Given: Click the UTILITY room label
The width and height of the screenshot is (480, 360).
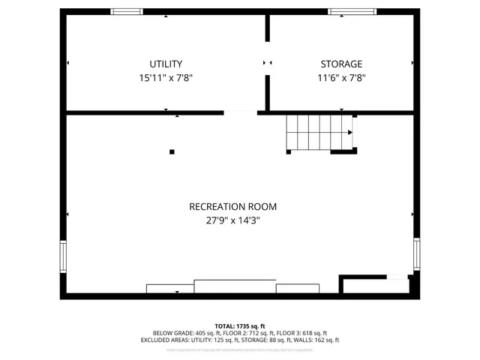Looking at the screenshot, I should pyautogui.click(x=166, y=64).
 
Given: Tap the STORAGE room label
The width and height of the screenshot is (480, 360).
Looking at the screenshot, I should pyautogui.click(x=341, y=64).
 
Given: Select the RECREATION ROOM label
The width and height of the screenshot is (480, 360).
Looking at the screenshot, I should pyautogui.click(x=227, y=206).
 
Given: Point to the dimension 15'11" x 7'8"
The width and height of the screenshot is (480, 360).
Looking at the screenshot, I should pyautogui.click(x=166, y=78).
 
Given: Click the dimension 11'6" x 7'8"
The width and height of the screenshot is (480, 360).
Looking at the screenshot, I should pyautogui.click(x=341, y=78).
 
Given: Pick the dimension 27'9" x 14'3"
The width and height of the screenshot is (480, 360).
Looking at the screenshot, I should pyautogui.click(x=227, y=220).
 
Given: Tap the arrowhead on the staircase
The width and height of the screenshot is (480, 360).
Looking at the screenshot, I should pyautogui.click(x=349, y=133).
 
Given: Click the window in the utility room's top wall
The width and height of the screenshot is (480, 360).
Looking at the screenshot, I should pyautogui.click(x=126, y=11).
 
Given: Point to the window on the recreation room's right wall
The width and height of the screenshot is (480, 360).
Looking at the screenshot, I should pyautogui.click(x=417, y=255).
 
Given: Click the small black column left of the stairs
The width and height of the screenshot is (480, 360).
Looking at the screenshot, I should pyautogui.click(x=172, y=152).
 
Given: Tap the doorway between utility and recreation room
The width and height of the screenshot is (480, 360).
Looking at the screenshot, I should pyautogui.click(x=240, y=113).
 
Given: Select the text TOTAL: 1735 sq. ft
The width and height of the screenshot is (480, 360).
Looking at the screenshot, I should pyautogui.click(x=240, y=326).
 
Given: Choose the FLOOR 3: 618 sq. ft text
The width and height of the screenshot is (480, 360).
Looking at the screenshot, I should pyautogui.click(x=304, y=333).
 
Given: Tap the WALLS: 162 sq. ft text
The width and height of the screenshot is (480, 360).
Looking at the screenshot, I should pyautogui.click(x=315, y=340).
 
